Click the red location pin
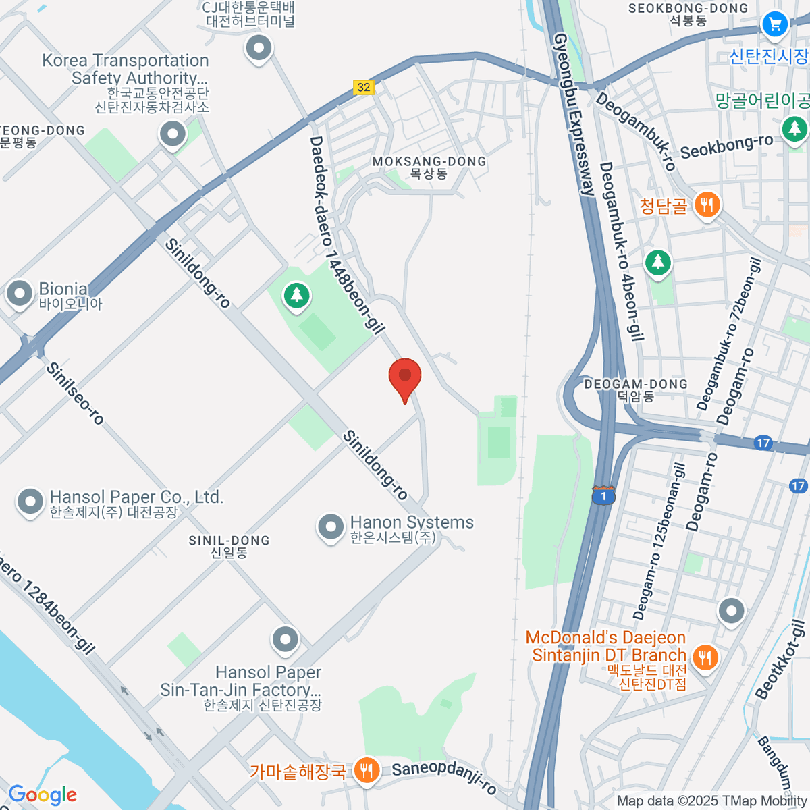click(405, 377)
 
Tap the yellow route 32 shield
click(364, 87)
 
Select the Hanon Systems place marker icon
click(331, 527)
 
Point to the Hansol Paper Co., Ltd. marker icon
click(30, 502)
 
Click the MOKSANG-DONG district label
click(429, 167)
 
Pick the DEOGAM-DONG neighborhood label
click(636, 389)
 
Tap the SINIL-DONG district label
click(230, 546)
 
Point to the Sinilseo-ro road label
click(76, 394)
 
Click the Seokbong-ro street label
click(726, 146)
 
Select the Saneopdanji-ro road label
click(444, 778)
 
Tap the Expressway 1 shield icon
click(603, 496)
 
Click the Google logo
click(43, 795)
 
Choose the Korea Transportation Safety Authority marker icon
click(173, 134)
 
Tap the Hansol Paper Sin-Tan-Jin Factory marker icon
click(285, 639)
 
